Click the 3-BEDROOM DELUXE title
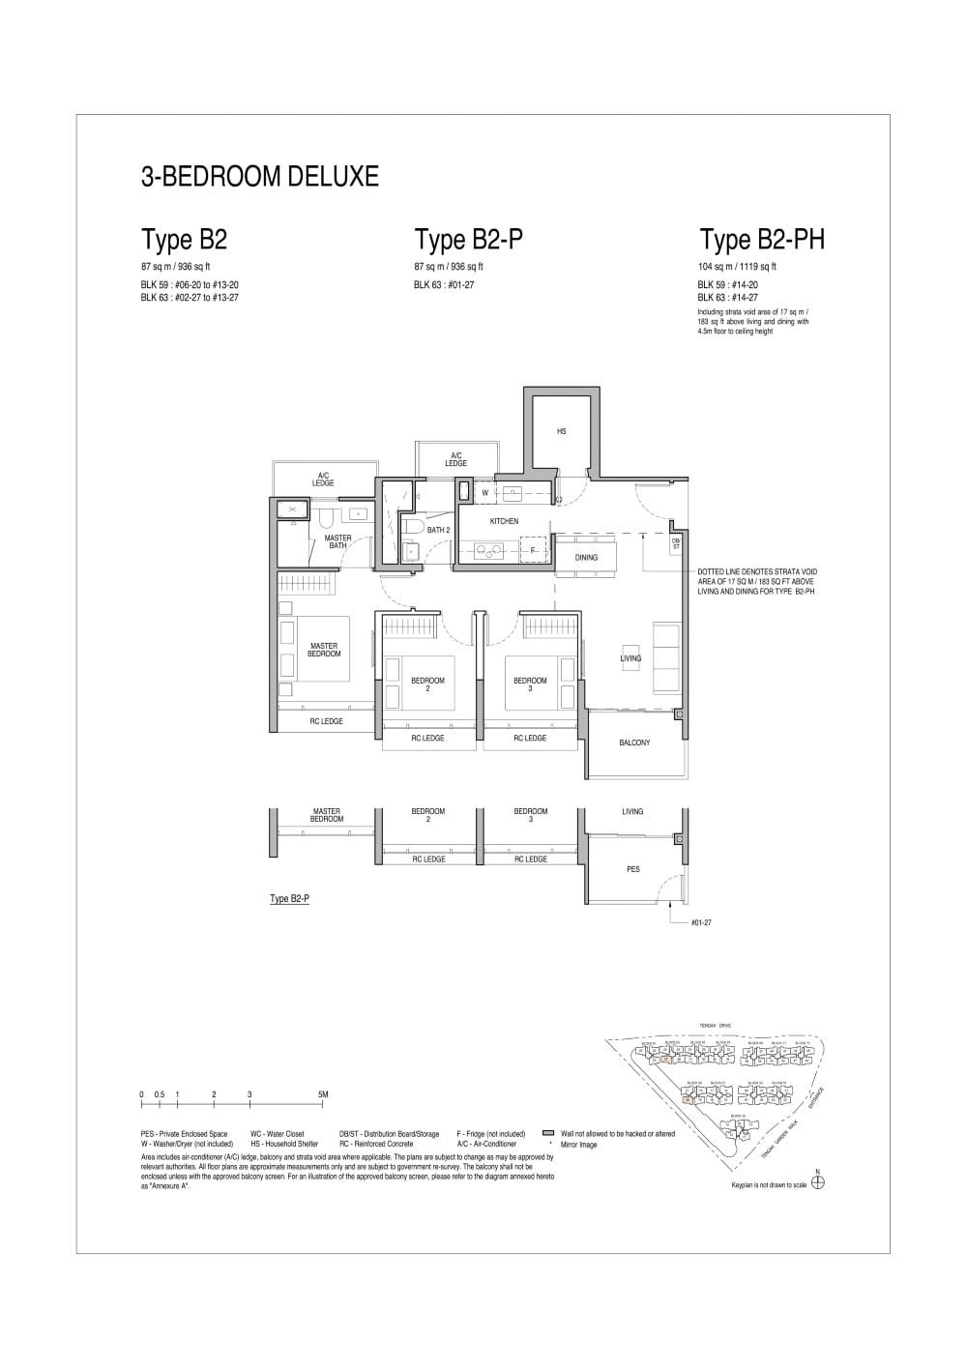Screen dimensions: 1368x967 pyautogui.click(x=259, y=177)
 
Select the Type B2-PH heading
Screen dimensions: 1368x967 pyautogui.click(x=762, y=240)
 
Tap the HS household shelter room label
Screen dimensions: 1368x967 pyautogui.click(x=561, y=431)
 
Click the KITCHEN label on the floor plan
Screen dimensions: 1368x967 pyautogui.click(x=504, y=521)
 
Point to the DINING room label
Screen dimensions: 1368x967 pyautogui.click(x=586, y=558)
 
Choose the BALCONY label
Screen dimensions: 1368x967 pyautogui.click(x=634, y=742)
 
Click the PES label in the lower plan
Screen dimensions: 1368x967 pyautogui.click(x=633, y=869)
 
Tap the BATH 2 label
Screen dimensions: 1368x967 pyautogui.click(x=438, y=530)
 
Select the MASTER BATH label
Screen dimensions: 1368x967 pyautogui.click(x=337, y=541)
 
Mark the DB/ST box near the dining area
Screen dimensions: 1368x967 pyautogui.click(x=676, y=544)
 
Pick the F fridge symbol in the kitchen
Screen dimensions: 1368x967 pyautogui.click(x=532, y=550)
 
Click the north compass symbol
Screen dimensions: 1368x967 pyautogui.click(x=818, y=1182)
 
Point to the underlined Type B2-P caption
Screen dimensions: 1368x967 pyautogui.click(x=289, y=898)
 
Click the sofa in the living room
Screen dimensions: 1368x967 pyautogui.click(x=666, y=657)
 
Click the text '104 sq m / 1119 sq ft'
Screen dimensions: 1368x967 pyautogui.click(x=737, y=267)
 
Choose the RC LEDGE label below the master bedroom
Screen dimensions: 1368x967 pyautogui.click(x=326, y=721)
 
